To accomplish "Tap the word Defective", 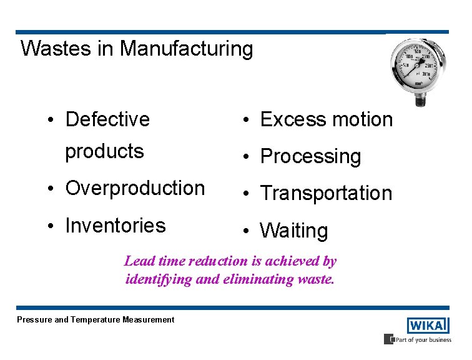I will point(107,119).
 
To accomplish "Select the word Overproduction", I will point(135,188).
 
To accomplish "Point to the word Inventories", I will point(116,225).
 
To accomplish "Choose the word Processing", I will point(310,156).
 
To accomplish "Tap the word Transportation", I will point(326,194).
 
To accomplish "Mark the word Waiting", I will point(293,231).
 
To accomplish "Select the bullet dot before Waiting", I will point(248,231).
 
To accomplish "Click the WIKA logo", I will point(428,326).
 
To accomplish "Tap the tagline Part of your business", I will point(421,339).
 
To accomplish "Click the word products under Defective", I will point(104,151).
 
